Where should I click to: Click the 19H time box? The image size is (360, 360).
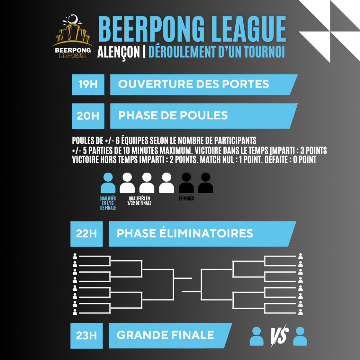coord(88,84)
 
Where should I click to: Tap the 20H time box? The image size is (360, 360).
coord(88,116)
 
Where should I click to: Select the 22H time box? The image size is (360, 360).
coord(86,234)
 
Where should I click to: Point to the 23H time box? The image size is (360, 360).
coord(86,336)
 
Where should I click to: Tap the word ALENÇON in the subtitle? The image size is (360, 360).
coord(118,52)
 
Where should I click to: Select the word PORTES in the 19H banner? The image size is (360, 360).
coord(245,84)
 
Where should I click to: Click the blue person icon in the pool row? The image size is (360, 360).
coord(108,183)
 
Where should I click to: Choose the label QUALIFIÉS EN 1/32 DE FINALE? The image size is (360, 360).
coord(139,201)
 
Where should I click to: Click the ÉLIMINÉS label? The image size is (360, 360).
coord(187,198)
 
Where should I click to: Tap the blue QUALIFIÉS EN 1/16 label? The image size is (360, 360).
coord(108,203)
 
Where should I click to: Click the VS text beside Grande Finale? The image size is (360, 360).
coord(279,336)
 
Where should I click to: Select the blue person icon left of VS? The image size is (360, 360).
coord(256,336)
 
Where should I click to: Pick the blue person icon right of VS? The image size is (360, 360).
coord(300,336)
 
